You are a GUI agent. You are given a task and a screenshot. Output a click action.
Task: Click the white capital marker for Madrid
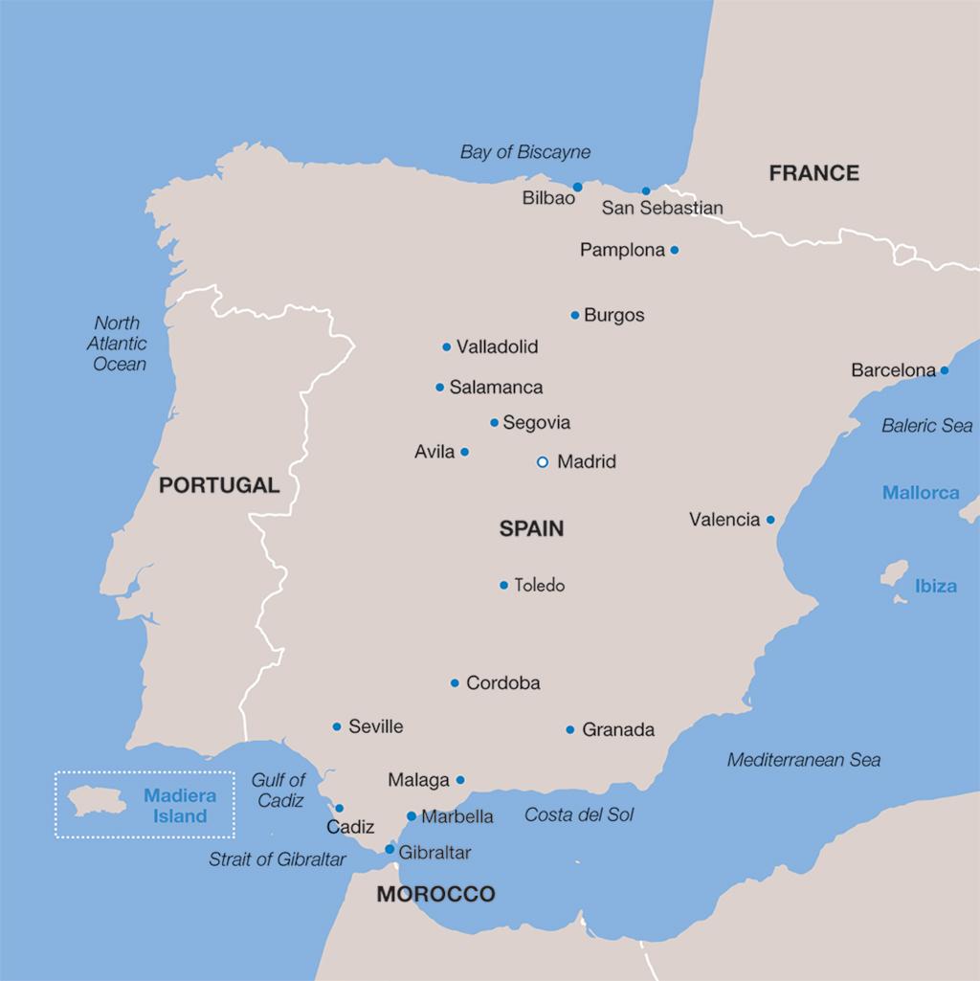(x=543, y=461)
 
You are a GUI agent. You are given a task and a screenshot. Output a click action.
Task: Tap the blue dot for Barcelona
(x=944, y=370)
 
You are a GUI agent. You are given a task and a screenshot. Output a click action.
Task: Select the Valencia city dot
(x=769, y=520)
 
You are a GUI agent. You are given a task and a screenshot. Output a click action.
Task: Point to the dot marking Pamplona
(x=674, y=250)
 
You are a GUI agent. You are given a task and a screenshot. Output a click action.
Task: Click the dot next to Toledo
(x=503, y=585)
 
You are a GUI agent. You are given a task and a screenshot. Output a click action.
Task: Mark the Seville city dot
(x=337, y=726)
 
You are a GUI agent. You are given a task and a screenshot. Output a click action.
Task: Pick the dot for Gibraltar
(x=390, y=849)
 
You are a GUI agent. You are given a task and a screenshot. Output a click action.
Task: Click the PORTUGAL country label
(x=219, y=485)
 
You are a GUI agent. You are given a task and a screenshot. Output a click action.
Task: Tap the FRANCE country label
(x=814, y=173)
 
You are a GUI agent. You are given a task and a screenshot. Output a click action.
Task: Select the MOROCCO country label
(x=435, y=895)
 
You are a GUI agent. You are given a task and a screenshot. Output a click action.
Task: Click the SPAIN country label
(x=531, y=528)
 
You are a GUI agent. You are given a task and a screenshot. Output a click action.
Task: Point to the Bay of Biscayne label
(x=525, y=152)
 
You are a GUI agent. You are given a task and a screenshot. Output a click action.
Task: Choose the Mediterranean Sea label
(x=804, y=760)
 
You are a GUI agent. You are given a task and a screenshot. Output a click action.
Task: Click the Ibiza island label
(x=935, y=586)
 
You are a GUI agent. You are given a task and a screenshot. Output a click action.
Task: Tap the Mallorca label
(x=921, y=493)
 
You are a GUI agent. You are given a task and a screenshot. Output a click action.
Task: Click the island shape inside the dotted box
(x=99, y=801)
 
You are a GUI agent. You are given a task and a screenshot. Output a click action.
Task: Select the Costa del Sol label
(x=579, y=815)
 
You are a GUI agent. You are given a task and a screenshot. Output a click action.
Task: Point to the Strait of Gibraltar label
(x=278, y=859)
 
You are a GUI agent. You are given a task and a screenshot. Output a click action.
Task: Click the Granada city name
(x=618, y=730)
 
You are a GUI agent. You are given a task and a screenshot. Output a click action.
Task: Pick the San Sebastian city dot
(x=646, y=190)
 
